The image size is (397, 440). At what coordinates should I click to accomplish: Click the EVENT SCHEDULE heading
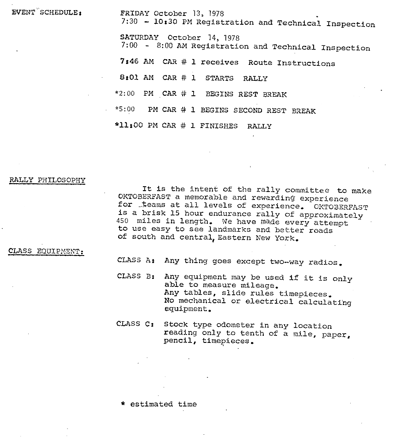tap(46, 12)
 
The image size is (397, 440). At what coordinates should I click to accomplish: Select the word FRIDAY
tap(135, 14)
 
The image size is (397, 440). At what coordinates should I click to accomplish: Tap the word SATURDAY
tap(139, 38)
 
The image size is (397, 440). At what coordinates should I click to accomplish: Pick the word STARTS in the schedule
tap(219, 79)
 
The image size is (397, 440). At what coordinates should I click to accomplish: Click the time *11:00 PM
tap(135, 126)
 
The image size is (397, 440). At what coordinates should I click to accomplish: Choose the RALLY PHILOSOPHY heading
tap(47, 180)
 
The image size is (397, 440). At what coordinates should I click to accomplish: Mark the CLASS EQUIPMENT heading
tap(46, 252)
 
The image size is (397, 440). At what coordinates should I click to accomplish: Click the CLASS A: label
tap(135, 260)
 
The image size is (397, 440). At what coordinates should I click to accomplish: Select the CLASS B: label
tap(135, 276)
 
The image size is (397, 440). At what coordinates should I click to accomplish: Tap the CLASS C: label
tap(135, 324)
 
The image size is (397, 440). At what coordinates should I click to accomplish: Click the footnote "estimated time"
tap(163, 404)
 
